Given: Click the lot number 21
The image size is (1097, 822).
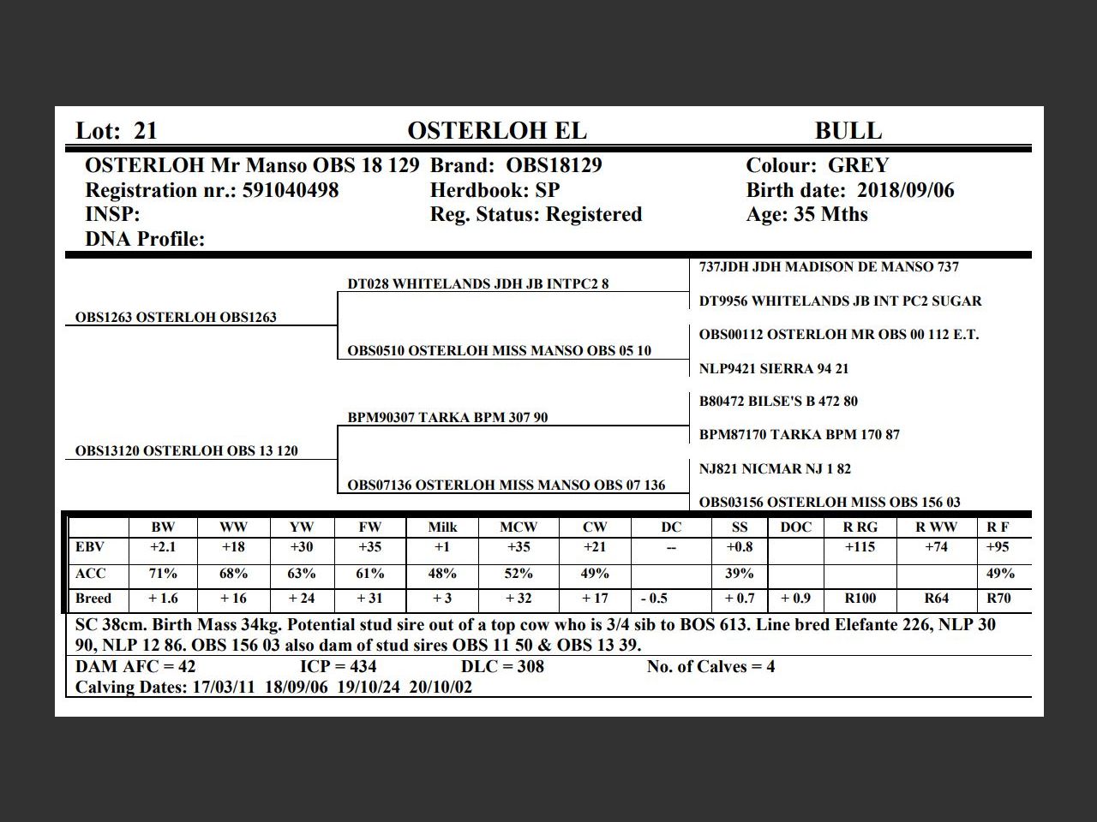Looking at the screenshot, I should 146,131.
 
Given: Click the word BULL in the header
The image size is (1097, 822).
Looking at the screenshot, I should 848,131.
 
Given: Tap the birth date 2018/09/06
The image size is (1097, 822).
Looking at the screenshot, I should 905,190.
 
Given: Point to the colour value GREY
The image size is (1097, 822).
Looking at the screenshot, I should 858,165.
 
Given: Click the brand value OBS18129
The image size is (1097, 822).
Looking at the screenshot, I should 554,165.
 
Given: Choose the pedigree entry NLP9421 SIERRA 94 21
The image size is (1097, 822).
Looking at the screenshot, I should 773,369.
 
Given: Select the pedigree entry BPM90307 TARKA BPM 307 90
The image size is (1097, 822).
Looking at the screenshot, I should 447,418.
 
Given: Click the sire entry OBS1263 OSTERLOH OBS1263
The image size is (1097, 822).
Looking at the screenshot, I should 176,318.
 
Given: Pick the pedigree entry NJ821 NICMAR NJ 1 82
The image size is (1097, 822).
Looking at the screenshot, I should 775,469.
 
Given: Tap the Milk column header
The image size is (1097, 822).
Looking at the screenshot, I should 442,527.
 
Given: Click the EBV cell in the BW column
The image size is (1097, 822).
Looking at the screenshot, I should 163,547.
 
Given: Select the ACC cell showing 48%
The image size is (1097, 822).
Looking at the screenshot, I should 442,574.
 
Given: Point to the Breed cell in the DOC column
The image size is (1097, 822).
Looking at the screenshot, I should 795,599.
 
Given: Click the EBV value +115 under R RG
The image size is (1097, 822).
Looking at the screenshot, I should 860,547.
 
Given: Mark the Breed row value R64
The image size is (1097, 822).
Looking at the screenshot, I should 937,599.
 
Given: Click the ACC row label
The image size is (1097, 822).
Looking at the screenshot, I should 91,574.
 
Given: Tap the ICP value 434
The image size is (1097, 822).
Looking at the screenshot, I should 356,667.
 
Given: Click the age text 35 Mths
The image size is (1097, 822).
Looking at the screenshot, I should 830,214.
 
